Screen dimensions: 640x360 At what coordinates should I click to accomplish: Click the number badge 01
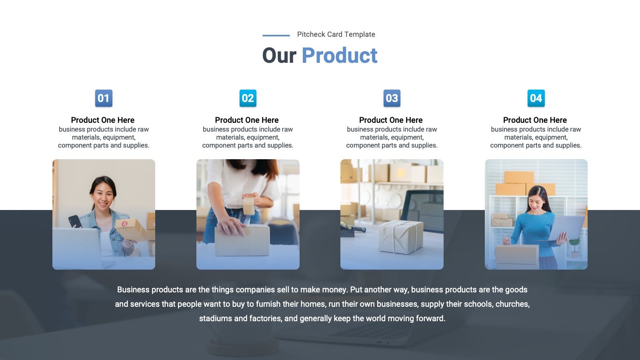click(x=104, y=98)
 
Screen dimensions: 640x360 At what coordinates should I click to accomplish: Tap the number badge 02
click(x=248, y=98)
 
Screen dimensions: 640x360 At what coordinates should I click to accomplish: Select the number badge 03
click(x=392, y=98)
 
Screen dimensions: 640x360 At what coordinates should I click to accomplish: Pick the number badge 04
click(x=536, y=98)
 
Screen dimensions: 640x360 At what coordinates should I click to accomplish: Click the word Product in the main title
click(x=340, y=56)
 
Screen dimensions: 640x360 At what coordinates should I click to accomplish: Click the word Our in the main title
click(x=279, y=56)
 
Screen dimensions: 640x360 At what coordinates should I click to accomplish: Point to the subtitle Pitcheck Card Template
click(x=336, y=34)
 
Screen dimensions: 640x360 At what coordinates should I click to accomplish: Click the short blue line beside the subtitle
click(x=276, y=36)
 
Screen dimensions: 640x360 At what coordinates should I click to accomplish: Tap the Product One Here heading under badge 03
click(x=391, y=120)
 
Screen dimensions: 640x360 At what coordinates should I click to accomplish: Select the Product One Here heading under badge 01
click(x=102, y=120)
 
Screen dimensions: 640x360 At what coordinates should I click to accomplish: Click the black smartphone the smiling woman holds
click(x=75, y=222)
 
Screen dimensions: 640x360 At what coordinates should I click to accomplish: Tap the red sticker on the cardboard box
click(x=124, y=224)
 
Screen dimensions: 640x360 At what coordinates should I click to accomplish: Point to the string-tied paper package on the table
click(x=400, y=237)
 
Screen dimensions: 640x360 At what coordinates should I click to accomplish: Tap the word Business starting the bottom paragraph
click(x=133, y=290)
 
